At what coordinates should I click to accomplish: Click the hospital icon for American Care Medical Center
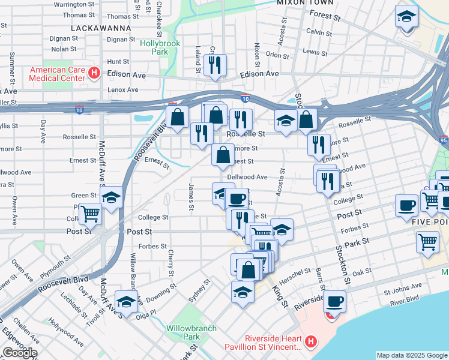(94, 73)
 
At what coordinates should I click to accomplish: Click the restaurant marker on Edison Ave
(215, 65)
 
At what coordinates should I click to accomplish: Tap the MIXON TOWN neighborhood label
(304, 3)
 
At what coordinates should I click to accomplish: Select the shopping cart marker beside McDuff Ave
(90, 212)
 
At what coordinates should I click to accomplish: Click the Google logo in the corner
(19, 352)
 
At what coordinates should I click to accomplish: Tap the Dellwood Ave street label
(247, 177)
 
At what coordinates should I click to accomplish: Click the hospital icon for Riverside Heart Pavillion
(310, 342)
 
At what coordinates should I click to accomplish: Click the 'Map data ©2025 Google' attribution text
(412, 355)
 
